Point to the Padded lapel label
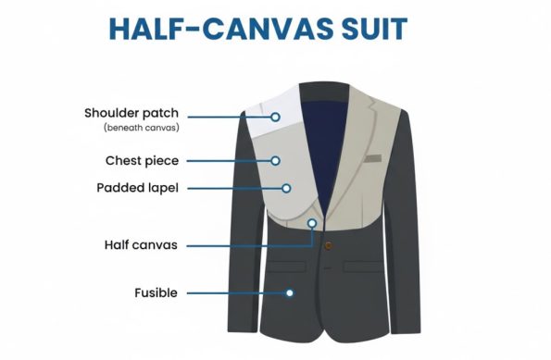144,188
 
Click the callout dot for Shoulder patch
276,118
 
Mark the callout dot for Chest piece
275,160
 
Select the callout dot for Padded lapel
286,188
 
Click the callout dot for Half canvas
312,223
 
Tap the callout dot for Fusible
290,293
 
